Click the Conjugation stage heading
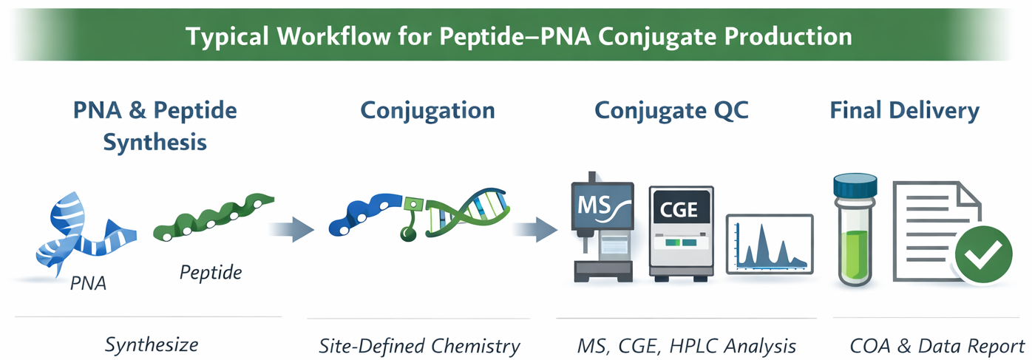pos(427,110)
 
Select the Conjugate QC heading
pos(671,110)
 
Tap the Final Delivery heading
pos(904,110)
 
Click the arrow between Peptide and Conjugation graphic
pos(291,229)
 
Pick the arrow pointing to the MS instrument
pos(534,229)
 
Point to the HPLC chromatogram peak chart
pos(770,244)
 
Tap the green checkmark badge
pos(982,255)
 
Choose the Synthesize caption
pos(152,344)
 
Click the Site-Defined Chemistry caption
pos(419,345)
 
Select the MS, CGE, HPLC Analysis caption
pos(687,345)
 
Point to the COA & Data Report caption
pos(937,345)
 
